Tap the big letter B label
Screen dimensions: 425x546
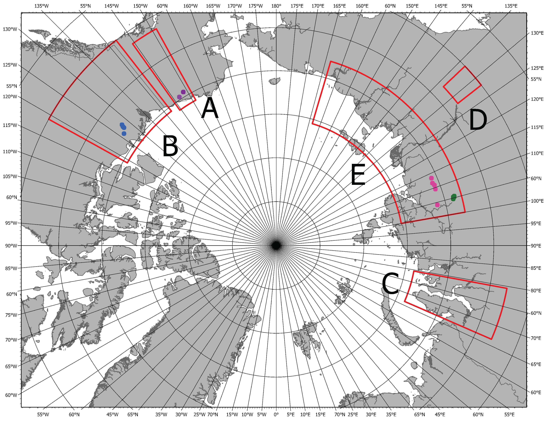170,146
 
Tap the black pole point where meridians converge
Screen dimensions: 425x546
276,245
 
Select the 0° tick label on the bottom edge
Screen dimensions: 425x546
276,415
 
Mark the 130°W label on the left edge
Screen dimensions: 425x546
10,29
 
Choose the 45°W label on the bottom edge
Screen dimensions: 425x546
112,415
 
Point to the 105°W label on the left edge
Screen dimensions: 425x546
10,176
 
